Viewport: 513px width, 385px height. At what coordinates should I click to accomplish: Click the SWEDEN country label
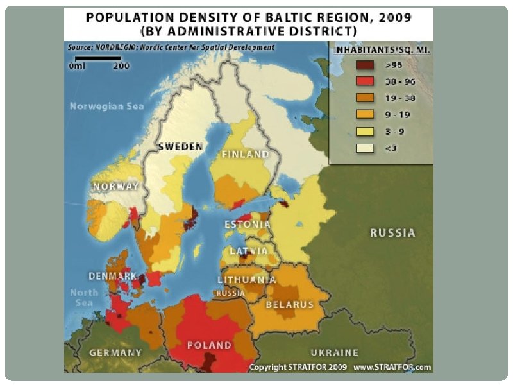click(x=181, y=146)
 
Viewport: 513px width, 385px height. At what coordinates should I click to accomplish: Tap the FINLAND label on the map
click(x=246, y=155)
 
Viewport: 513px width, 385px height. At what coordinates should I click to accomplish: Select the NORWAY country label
click(x=116, y=186)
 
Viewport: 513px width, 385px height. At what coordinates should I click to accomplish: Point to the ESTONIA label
click(x=248, y=225)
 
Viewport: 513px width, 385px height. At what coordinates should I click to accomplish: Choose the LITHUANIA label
click(x=247, y=280)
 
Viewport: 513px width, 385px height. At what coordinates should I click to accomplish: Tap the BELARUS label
click(x=289, y=304)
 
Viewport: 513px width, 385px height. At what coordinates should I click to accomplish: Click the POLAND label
click(x=209, y=345)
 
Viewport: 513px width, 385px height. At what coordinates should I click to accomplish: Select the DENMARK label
click(x=113, y=276)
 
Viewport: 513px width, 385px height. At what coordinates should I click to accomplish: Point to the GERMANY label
click(x=115, y=352)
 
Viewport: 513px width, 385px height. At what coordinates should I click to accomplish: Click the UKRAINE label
click(x=334, y=352)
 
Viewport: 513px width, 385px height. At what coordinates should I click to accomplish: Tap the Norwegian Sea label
click(x=106, y=106)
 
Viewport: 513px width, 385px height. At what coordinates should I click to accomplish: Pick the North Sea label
click(x=84, y=297)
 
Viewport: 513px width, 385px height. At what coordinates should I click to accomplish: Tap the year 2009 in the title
click(x=392, y=17)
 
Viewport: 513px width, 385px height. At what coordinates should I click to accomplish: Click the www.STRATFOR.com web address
click(x=392, y=368)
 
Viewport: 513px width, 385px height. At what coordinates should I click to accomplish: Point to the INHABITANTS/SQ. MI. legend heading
click(x=381, y=49)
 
